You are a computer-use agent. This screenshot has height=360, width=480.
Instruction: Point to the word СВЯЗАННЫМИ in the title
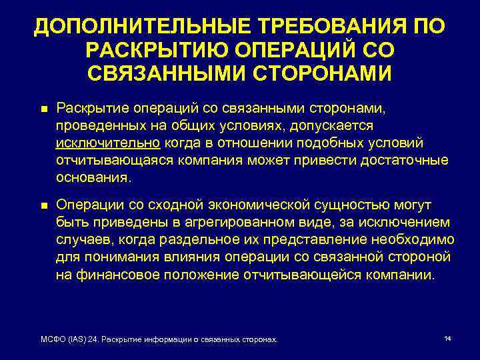click(170, 73)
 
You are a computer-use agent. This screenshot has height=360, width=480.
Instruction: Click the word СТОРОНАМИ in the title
click(323, 73)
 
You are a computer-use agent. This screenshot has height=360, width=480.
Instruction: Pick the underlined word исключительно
click(107, 143)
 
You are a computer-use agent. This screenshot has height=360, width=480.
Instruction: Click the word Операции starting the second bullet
click(87, 205)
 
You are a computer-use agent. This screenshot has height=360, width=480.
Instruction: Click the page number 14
click(447, 339)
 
